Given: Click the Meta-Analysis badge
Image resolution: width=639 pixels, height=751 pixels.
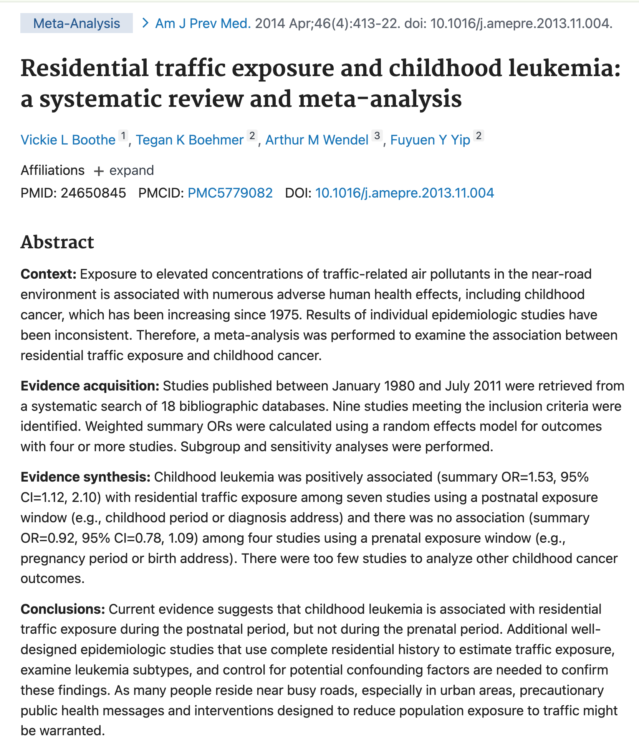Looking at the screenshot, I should click(76, 23).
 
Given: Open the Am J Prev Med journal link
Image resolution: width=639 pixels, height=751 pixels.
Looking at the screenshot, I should click(202, 23).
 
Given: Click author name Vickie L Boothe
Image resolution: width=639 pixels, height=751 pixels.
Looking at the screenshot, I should click(68, 140).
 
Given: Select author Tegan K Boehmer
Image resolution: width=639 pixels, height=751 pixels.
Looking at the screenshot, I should click(190, 140).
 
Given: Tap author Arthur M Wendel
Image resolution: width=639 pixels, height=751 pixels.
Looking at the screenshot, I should click(317, 140).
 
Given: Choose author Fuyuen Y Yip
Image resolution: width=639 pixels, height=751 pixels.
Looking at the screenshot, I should click(430, 140).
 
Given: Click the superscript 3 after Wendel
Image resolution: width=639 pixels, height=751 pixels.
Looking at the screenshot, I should click(377, 136).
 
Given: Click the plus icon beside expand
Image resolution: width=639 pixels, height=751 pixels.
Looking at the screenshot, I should click(99, 171).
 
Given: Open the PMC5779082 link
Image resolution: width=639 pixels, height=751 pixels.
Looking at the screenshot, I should click(230, 193).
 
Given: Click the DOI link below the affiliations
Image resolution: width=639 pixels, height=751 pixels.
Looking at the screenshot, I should click(404, 193).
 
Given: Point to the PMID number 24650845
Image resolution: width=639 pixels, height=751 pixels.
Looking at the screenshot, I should click(93, 193).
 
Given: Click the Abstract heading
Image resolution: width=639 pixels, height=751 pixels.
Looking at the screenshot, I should click(57, 242).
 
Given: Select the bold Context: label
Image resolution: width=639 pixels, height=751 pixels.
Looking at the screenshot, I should click(49, 274).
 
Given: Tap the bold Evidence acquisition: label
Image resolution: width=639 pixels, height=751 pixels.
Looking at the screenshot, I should click(90, 385).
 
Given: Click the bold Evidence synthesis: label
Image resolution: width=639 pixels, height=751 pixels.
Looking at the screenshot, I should click(85, 477).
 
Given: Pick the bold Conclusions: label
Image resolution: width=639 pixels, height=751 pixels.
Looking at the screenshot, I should click(63, 609).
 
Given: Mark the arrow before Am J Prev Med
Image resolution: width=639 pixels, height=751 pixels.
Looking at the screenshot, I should click(145, 23).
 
